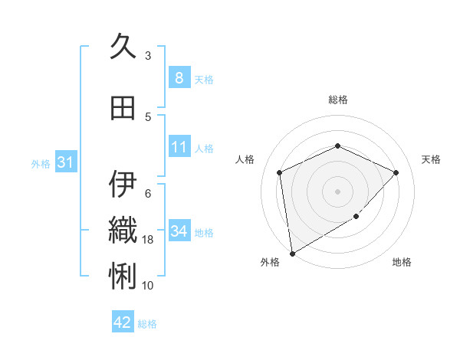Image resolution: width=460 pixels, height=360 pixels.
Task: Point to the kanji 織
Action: (123, 230)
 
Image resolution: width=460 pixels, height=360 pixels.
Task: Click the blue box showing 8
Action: (179, 78)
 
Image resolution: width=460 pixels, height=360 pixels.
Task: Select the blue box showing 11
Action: (179, 147)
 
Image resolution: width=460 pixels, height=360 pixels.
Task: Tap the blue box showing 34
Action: (179, 231)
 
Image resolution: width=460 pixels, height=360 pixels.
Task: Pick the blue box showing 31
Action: (65, 162)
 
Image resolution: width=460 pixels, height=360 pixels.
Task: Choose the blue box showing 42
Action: (122, 322)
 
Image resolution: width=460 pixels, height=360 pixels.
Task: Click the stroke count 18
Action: (149, 240)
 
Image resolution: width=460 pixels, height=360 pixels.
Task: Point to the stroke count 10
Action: (149, 286)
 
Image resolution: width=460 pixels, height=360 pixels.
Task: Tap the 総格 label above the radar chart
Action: (338, 100)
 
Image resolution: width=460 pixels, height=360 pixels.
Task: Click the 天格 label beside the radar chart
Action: (431, 159)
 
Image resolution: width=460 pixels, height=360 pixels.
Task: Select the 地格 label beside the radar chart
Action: (402, 263)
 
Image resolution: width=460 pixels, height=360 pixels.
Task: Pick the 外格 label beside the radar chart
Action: (270, 263)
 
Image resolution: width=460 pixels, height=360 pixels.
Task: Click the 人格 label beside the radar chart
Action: (245, 159)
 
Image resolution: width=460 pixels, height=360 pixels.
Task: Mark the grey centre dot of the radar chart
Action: (337, 191)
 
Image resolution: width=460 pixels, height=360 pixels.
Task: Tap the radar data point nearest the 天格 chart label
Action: (396, 172)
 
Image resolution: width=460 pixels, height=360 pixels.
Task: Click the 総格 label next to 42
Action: (147, 324)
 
